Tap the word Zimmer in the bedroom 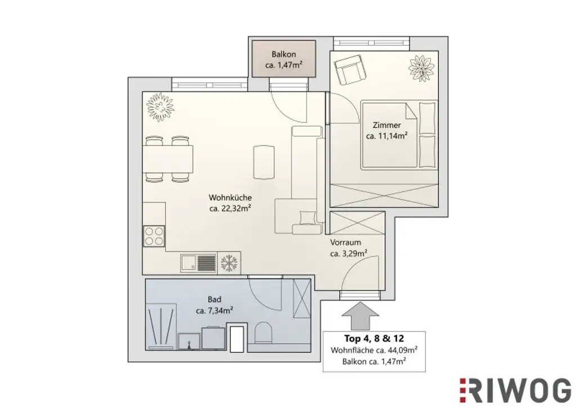386,125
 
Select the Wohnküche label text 229,198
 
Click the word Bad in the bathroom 214,300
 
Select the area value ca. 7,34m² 214,311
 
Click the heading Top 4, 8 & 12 374,339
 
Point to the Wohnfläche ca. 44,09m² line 374,350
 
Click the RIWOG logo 515,390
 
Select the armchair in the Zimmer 349,69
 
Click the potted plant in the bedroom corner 421,68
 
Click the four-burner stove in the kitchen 154,236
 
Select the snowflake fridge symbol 228,263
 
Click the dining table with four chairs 168,159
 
